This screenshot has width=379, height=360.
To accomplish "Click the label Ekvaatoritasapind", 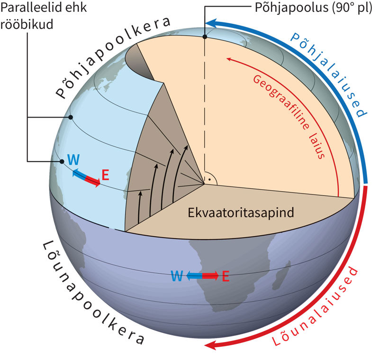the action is (x=241, y=212).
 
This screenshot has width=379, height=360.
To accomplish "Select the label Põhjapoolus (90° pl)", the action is (x=314, y=8).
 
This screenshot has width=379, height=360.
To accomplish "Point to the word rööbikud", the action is (x=27, y=24).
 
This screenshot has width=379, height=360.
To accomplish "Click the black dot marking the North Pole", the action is (x=205, y=37).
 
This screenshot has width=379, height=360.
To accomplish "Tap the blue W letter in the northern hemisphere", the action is (x=73, y=159).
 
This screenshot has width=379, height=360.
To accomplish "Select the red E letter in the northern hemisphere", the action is (x=105, y=175).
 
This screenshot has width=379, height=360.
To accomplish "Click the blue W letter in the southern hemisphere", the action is (x=177, y=276).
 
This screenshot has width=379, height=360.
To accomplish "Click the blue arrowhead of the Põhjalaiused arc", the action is (x=211, y=24).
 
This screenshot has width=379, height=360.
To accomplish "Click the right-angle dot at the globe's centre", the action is (x=209, y=179).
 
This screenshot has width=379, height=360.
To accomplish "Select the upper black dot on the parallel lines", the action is (x=71, y=117).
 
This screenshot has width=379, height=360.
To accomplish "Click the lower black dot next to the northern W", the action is (x=62, y=161).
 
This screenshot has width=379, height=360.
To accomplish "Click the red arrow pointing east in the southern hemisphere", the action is (x=210, y=276).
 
